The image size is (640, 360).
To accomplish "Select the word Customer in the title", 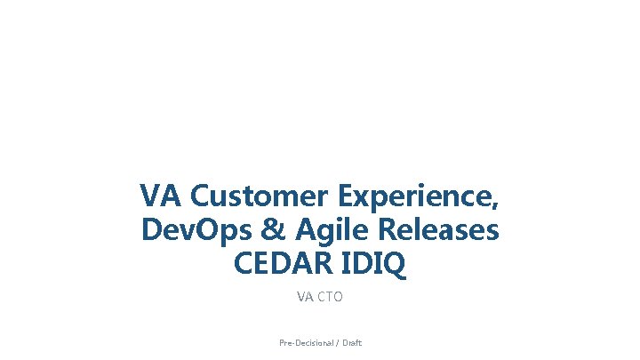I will [x=252, y=196].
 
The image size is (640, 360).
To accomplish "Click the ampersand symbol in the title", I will [x=269, y=231].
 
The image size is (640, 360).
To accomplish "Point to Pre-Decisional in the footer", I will [x=303, y=342].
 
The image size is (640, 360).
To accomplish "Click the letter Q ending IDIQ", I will [x=395, y=266].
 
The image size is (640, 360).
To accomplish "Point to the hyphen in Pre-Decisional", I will [x=292, y=343].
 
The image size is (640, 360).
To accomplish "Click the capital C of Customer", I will [x=201, y=196].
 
